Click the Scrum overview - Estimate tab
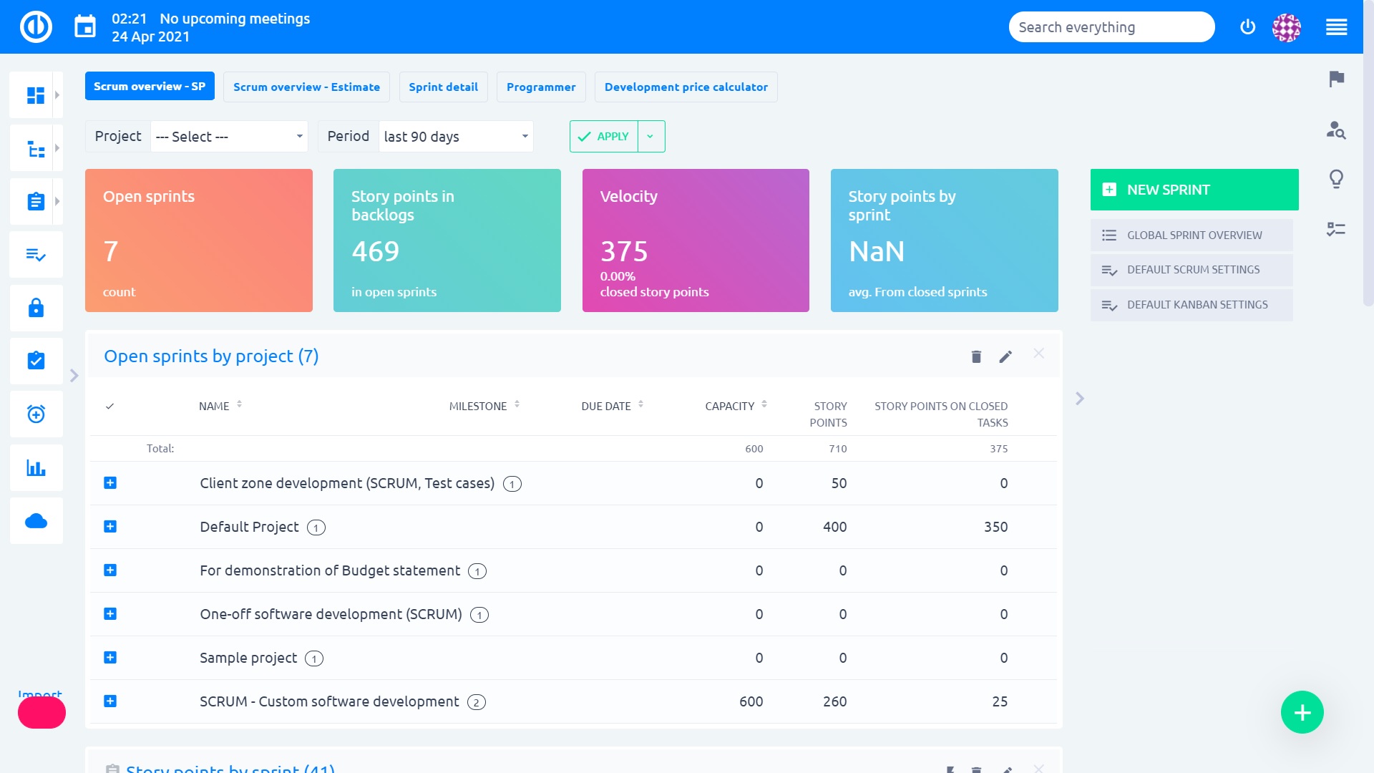[x=306, y=87]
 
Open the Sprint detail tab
[x=443, y=87]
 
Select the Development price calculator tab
[x=686, y=87]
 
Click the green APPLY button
[x=604, y=136]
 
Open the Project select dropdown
[x=229, y=136]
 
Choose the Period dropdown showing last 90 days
[x=456, y=136]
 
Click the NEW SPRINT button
[x=1194, y=190]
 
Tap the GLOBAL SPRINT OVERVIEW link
[x=1194, y=235]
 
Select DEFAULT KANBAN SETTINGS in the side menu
[x=1197, y=305]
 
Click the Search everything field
[x=1111, y=27]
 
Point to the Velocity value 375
[x=624, y=251]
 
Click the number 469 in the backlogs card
[x=375, y=251]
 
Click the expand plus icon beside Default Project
[x=110, y=527]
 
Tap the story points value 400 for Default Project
[x=834, y=527]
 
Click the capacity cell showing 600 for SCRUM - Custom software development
[x=751, y=701]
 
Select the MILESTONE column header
[x=478, y=406]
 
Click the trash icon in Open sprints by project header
[x=976, y=356]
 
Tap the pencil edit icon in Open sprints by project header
[x=1005, y=356]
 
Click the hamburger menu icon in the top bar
[x=1336, y=27]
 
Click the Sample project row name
[x=248, y=658]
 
